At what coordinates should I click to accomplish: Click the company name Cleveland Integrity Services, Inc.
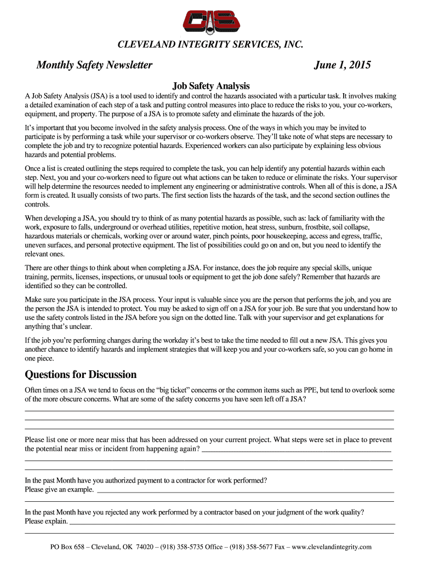(x=211, y=44)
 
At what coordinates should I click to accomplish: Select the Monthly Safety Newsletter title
(x=94, y=66)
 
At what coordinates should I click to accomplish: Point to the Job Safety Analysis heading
(x=211, y=86)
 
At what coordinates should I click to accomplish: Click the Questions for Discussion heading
(x=81, y=375)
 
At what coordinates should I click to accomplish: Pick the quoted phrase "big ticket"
(x=174, y=390)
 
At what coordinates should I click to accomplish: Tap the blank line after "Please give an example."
(x=245, y=491)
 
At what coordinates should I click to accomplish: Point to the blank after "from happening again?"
(x=296, y=450)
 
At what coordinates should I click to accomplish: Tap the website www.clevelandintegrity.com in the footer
(x=332, y=547)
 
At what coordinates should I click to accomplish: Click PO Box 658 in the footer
(x=68, y=547)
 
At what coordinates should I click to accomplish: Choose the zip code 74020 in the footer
(x=144, y=547)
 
